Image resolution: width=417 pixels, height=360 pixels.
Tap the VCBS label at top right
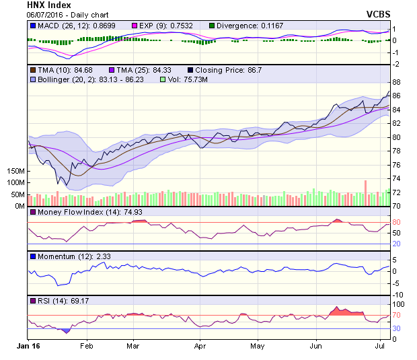(379, 14)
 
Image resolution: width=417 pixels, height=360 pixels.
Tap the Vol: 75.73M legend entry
(190, 79)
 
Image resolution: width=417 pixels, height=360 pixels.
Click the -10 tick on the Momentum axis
(398, 295)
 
